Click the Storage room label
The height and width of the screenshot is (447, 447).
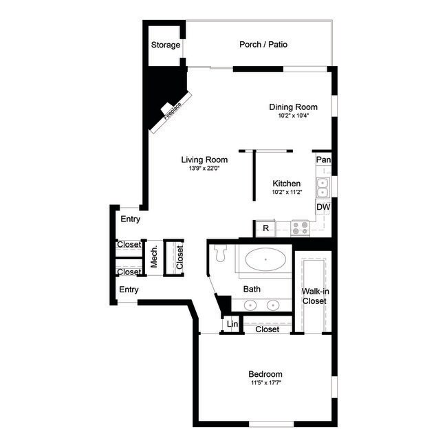tap(165, 45)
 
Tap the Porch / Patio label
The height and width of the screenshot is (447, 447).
tap(263, 45)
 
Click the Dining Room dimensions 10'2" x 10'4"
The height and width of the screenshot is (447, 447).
tap(293, 116)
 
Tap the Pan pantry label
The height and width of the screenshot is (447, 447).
tap(323, 160)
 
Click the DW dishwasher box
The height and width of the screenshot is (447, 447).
tap(323, 207)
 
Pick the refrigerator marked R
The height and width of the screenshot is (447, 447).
tap(265, 228)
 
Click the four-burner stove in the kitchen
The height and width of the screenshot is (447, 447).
tap(300, 228)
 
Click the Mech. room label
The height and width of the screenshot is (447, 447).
tap(155, 257)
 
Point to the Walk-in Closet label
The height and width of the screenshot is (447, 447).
tap(314, 296)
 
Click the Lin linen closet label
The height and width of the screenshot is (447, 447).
tap(232, 324)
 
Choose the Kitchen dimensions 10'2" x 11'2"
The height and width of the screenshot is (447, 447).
tap(286, 193)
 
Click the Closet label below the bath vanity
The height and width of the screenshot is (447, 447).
tap(267, 329)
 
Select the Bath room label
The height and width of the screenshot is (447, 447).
tap(252, 290)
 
